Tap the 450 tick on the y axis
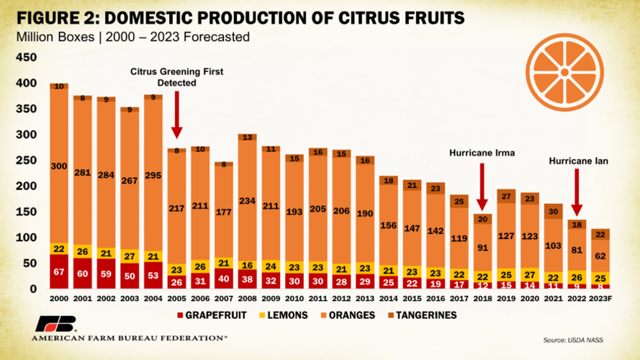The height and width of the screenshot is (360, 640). tap(25, 58)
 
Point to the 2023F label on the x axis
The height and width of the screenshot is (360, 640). tap(600, 298)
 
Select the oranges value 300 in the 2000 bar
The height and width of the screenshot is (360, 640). tap(59, 166)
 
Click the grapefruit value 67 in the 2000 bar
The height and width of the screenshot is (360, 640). tap(59, 271)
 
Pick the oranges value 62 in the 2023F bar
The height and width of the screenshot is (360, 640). tap(600, 256)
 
